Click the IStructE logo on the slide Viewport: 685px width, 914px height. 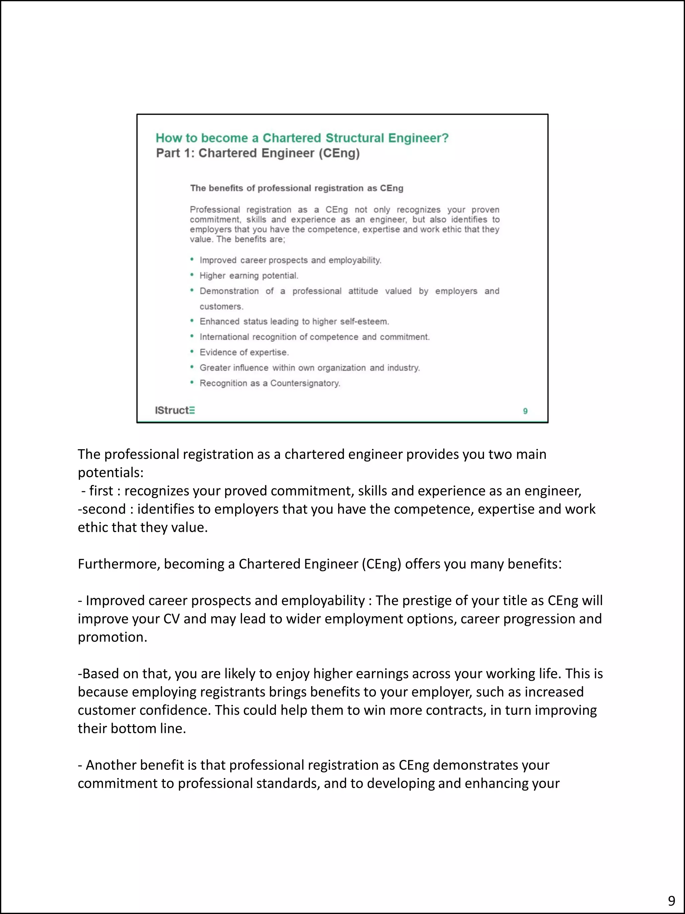pyautogui.click(x=175, y=410)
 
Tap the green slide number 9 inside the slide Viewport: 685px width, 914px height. pyautogui.click(x=525, y=411)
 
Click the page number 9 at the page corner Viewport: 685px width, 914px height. pyautogui.click(x=671, y=900)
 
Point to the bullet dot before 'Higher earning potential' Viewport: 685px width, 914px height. pyautogui.click(x=192, y=275)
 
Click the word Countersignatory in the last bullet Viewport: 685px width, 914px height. pyautogui.click(x=305, y=384)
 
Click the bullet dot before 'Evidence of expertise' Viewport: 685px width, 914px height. pyautogui.click(x=192, y=352)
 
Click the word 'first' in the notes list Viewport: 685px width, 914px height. pyautogui.click(x=101, y=491)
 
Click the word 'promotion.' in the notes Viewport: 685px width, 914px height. pyautogui.click(x=112, y=637)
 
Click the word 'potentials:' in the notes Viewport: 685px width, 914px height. pyautogui.click(x=110, y=473)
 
